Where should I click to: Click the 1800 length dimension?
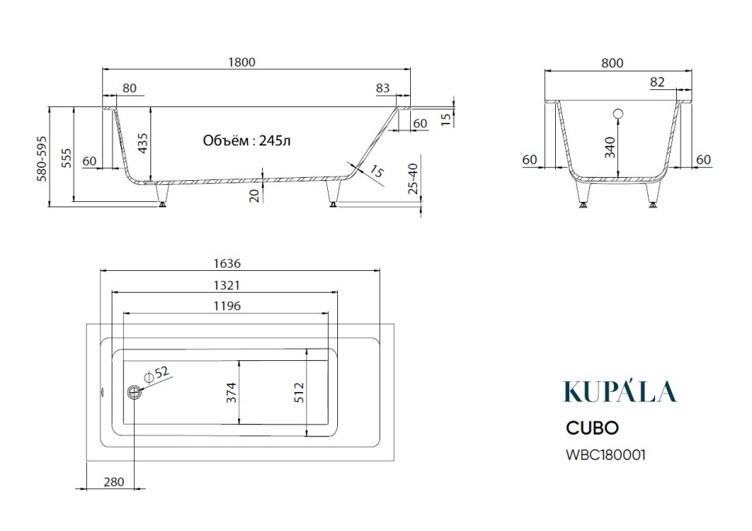(242, 62)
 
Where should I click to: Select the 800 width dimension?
(612, 63)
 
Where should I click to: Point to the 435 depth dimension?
(143, 143)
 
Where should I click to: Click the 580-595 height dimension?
(42, 158)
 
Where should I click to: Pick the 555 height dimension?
(67, 158)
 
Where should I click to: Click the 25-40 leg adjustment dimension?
(412, 179)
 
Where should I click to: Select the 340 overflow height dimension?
(609, 147)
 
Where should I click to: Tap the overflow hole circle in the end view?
(618, 114)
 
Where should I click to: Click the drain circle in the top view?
(134, 392)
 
